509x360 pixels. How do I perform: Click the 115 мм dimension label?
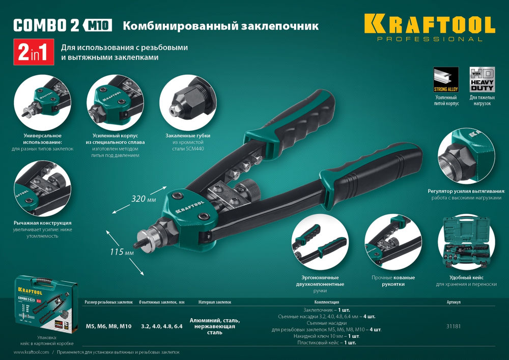point(122,252)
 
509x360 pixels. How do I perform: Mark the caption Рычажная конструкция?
point(43,223)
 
